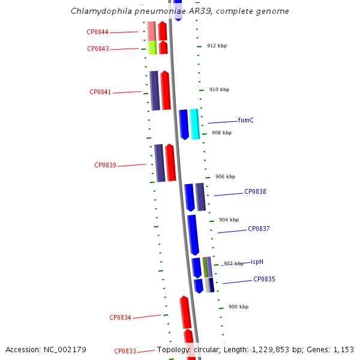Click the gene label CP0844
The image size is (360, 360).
pyautogui.click(x=97, y=32)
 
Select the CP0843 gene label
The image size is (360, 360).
pyautogui.click(x=98, y=49)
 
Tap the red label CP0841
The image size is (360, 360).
pyautogui.click(x=100, y=92)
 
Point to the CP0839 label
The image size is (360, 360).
pyautogui.click(x=105, y=166)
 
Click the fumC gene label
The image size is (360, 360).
pyautogui.click(x=245, y=121)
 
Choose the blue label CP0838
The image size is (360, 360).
pyautogui.click(x=255, y=192)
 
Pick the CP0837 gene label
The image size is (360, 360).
pyautogui.click(x=259, y=229)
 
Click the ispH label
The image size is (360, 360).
pyautogui.click(x=257, y=262)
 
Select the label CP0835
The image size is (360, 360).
pyautogui.click(x=264, y=280)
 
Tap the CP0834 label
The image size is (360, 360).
pyautogui.click(x=120, y=318)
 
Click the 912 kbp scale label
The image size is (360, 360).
pyautogui.click(x=217, y=46)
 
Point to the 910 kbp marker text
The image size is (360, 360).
pyautogui.click(x=219, y=90)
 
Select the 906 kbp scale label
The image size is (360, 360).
pyautogui.click(x=225, y=177)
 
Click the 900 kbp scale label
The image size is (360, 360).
pyautogui.click(x=238, y=307)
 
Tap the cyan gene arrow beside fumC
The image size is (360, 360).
pyautogui.click(x=194, y=124)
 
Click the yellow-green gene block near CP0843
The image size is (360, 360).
pyautogui.click(x=152, y=47)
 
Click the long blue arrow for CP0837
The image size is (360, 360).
pyautogui.click(x=193, y=234)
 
